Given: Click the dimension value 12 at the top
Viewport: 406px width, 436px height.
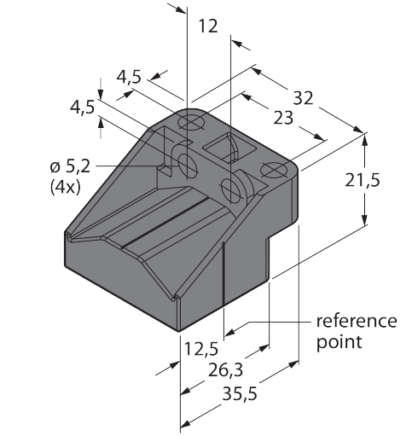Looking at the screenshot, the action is pyautogui.click(x=208, y=26).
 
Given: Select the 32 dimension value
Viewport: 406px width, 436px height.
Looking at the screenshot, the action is pyautogui.click(x=303, y=98).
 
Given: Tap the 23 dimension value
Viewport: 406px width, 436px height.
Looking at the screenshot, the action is pyautogui.click(x=283, y=118).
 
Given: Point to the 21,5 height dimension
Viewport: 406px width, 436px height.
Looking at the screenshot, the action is pyautogui.click(x=362, y=180).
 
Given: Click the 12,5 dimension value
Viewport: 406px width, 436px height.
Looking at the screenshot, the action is pyautogui.click(x=201, y=349).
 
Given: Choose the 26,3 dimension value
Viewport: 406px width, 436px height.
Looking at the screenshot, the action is pyautogui.click(x=225, y=370).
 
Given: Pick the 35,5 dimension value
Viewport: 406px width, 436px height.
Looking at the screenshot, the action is pyautogui.click(x=240, y=394).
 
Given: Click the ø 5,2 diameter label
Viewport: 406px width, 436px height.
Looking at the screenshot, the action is pyautogui.click(x=70, y=166).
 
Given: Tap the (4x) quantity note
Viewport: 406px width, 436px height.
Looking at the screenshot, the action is pyautogui.click(x=65, y=187).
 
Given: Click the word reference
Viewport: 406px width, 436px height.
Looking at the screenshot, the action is pyautogui.click(x=357, y=321).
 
